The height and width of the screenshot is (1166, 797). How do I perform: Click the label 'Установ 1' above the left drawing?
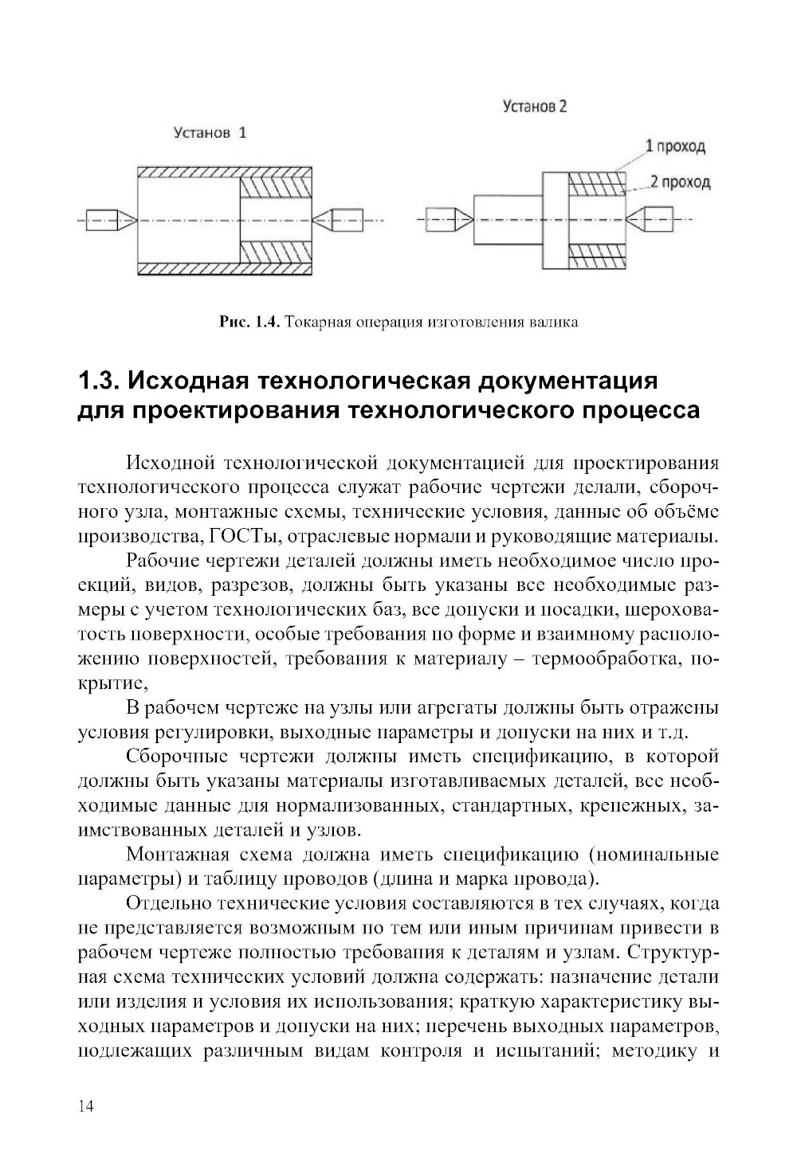click(210, 133)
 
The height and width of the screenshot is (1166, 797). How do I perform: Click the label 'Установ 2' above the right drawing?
click(535, 107)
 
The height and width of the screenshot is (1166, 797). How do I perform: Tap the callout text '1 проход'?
click(674, 147)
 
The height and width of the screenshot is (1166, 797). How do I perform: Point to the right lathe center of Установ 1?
click(340, 219)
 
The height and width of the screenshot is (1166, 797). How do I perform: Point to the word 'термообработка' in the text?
click(613, 660)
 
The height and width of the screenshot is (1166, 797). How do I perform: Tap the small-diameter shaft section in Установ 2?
click(508, 219)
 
